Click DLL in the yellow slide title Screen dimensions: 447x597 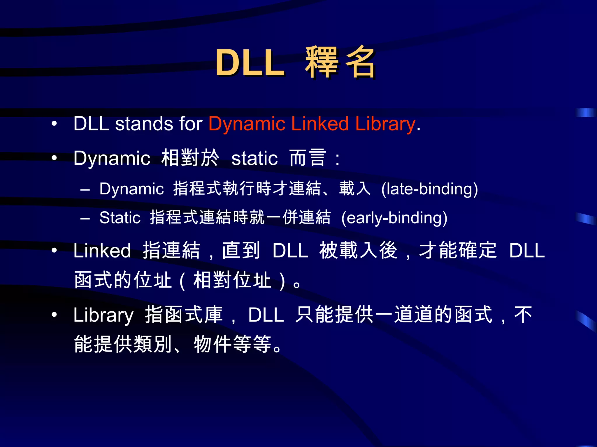(250, 62)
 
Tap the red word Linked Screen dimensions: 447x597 (320, 124)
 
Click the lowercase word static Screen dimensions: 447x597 (254, 159)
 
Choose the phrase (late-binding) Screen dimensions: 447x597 (429, 189)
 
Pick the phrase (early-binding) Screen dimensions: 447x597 (394, 218)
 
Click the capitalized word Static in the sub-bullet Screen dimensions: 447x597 (120, 218)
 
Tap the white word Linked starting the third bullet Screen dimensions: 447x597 (102, 251)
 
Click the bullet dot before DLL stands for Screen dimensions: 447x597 (54, 124)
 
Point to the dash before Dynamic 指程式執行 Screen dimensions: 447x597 (85, 189)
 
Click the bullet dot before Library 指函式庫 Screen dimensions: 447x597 (54, 315)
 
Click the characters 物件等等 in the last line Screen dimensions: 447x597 (233, 344)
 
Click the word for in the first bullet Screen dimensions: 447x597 (191, 124)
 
